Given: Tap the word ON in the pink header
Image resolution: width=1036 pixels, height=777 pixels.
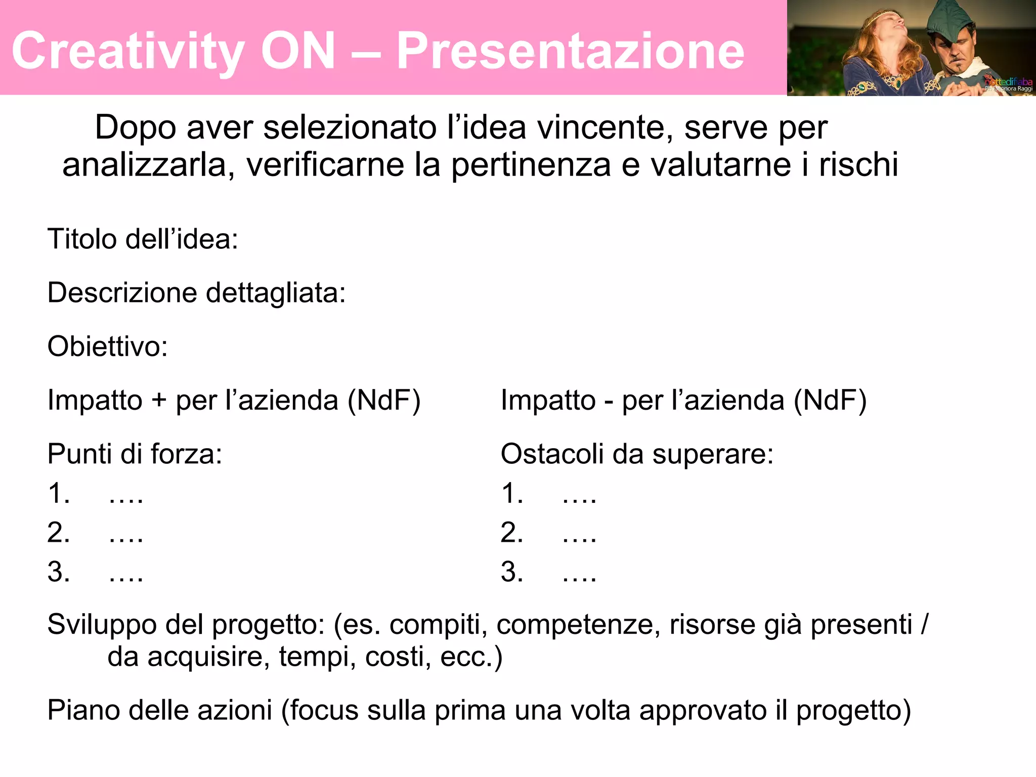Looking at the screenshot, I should point(298,51).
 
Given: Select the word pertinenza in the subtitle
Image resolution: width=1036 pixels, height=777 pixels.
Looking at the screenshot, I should point(531,165).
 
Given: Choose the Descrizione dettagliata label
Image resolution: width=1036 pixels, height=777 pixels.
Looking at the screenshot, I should point(196,292).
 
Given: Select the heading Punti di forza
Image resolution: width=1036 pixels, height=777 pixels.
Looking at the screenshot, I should point(135,454).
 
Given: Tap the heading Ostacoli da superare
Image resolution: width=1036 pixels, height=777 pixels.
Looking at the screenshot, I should point(637,454).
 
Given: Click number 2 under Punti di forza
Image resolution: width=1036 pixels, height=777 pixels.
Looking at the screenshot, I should point(59,533).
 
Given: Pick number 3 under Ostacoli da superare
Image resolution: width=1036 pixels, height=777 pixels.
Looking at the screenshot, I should point(512,572).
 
